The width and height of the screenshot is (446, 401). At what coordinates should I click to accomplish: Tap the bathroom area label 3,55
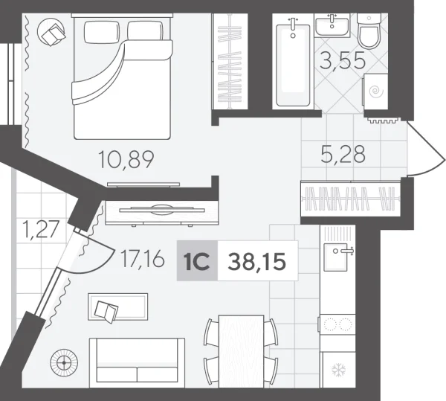coord(342,61)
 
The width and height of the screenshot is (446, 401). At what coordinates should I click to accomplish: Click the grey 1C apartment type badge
coord(197,261)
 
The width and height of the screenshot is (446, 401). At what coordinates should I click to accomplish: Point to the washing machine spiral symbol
coord(377,92)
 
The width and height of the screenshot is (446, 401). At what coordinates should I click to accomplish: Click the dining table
coord(241,349)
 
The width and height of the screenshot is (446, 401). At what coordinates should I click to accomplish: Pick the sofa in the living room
coord(138,362)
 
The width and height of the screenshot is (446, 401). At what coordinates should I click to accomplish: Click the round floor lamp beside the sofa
coord(64,363)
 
